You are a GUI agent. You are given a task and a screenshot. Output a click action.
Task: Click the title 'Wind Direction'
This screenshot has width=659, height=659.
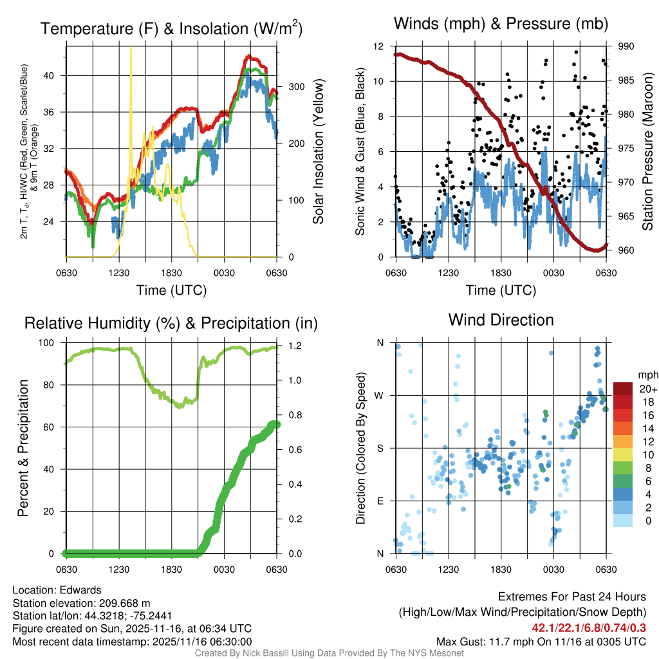click(501, 320)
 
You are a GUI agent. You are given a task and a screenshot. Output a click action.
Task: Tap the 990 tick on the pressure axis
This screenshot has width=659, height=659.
click(626, 46)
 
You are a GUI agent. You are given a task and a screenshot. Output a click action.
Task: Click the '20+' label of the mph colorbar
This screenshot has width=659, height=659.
click(647, 389)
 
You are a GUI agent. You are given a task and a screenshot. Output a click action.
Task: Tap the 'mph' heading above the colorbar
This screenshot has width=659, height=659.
click(647, 375)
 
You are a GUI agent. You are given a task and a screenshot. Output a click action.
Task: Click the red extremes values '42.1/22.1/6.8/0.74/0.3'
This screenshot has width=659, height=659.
click(589, 627)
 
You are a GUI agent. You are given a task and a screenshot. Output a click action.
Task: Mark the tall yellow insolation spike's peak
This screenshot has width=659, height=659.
click(131, 49)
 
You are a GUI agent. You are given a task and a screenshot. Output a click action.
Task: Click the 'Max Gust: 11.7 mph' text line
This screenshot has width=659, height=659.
click(541, 641)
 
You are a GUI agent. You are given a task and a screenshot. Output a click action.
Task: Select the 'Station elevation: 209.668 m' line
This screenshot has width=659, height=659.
click(81, 603)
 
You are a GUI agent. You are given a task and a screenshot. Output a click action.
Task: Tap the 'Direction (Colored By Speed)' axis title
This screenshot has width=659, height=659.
click(361, 448)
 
